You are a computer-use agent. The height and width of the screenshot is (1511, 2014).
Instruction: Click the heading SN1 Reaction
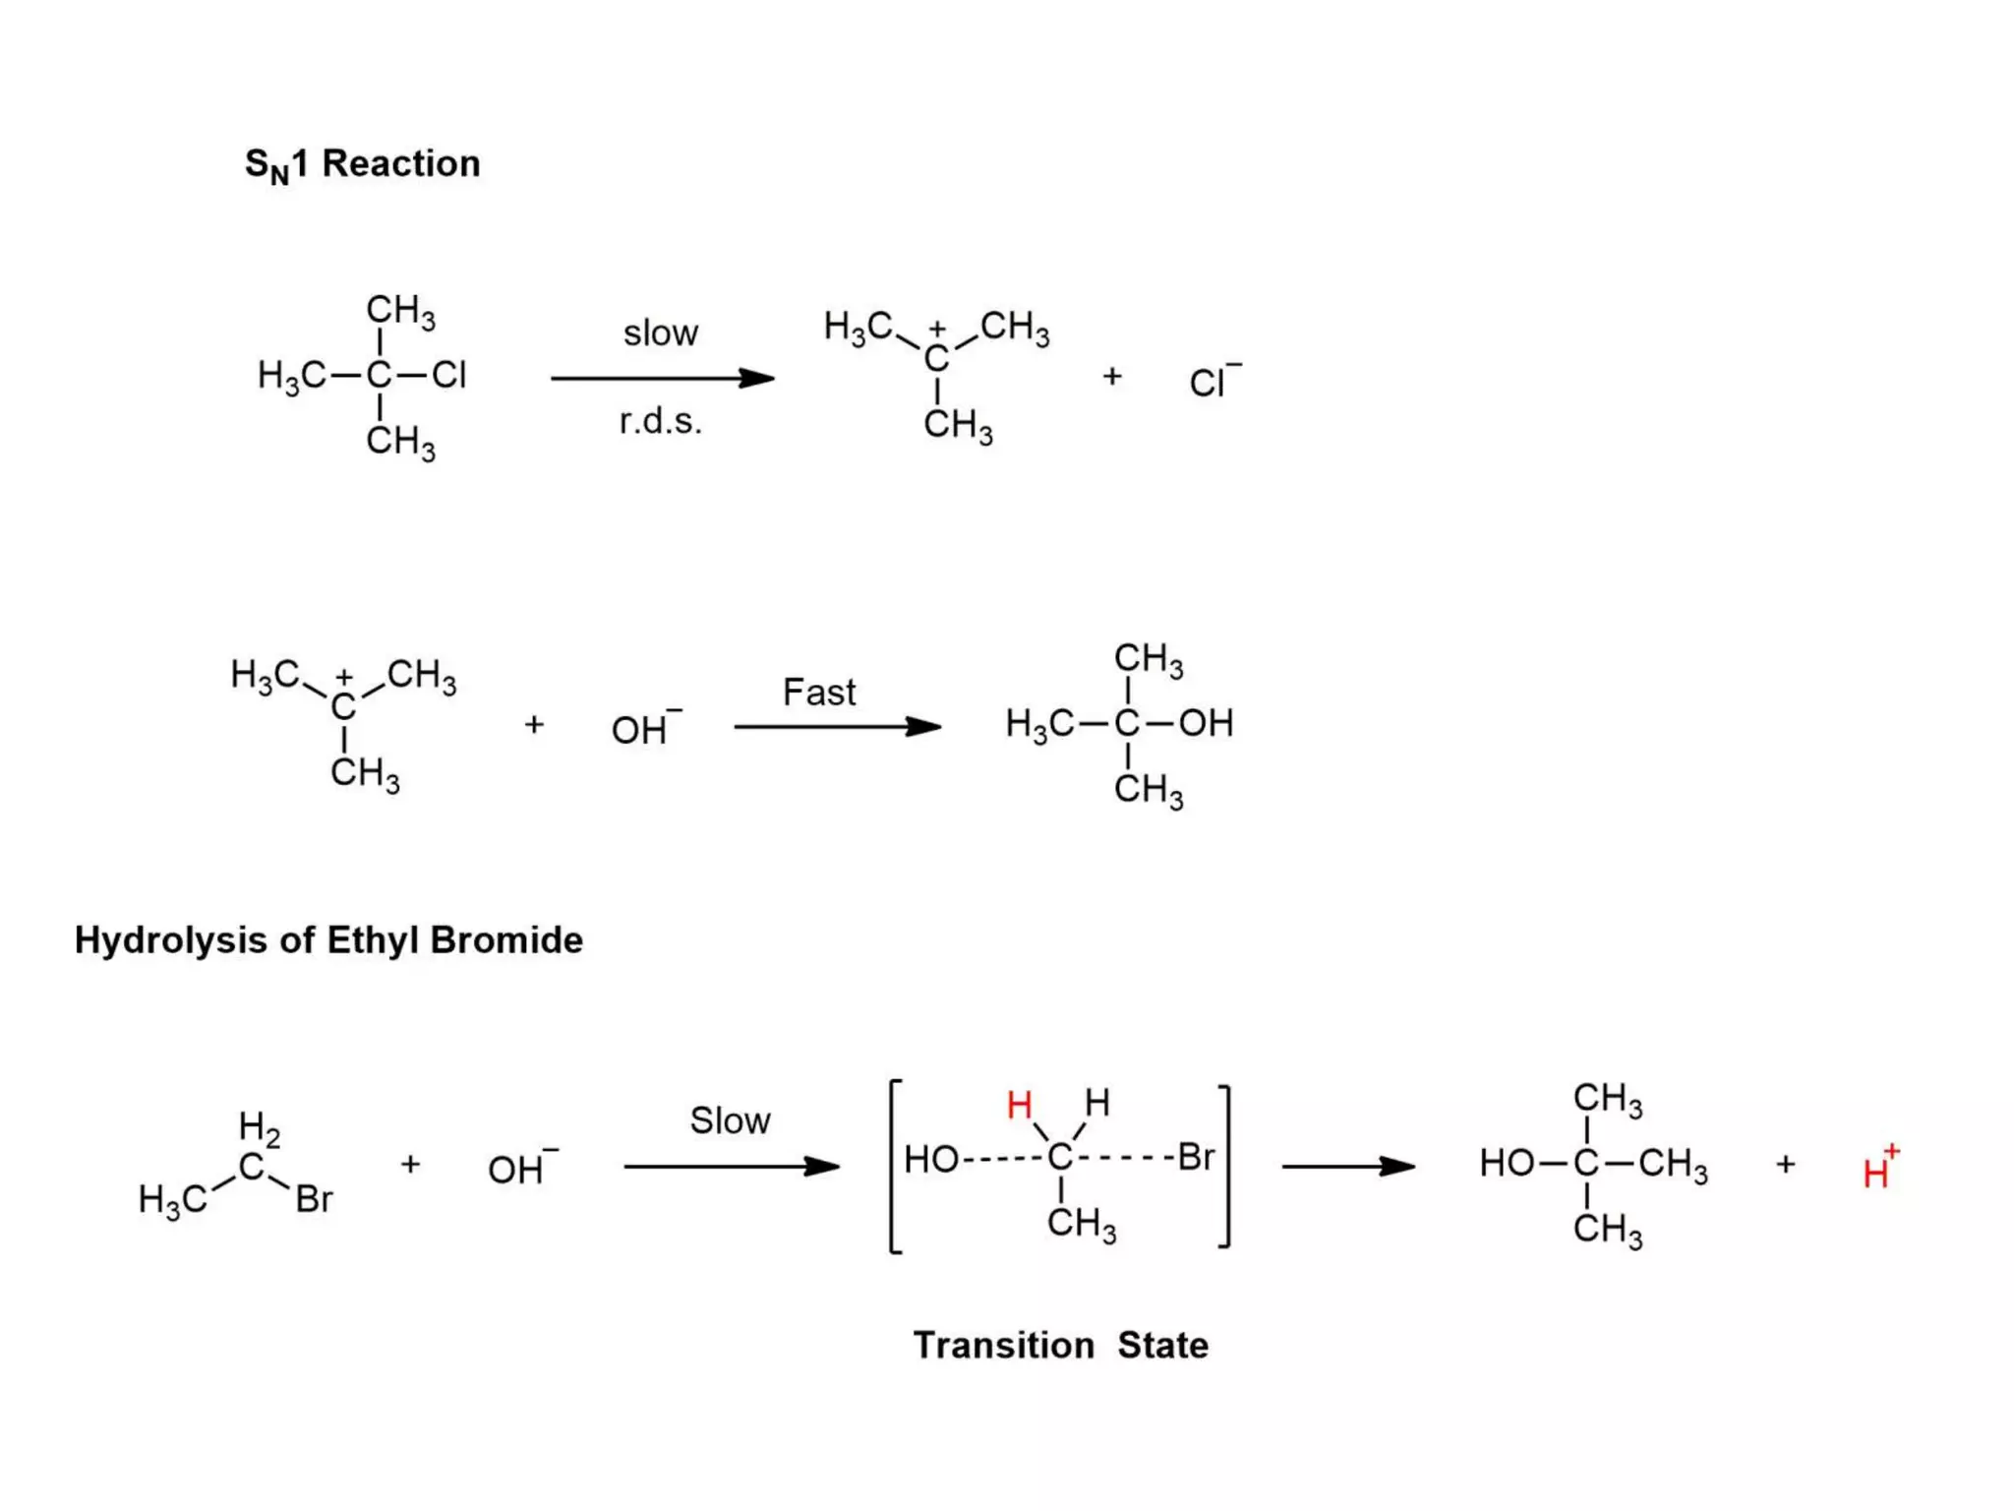pos(362,164)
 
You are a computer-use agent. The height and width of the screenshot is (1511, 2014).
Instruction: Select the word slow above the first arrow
pos(660,333)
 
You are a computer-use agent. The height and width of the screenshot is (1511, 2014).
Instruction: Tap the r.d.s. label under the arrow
pos(660,421)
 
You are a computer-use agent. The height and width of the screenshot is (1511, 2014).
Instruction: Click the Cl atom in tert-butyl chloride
pos(448,375)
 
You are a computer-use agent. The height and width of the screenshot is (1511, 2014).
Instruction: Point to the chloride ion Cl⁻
pos(1213,382)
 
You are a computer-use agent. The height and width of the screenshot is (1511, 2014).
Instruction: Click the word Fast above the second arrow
pos(818,693)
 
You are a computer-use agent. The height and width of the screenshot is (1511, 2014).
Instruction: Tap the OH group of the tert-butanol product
pos(1206,723)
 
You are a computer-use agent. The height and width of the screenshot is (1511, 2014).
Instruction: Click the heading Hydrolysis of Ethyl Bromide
pos(328,940)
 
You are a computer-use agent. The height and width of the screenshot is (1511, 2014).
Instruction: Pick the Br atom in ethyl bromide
pos(314,1199)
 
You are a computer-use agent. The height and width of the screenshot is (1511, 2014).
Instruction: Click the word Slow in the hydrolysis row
pos(730,1120)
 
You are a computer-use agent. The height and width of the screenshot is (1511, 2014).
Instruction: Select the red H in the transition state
pos(1019,1106)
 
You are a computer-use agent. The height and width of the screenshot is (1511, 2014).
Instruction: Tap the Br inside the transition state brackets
pos(1195,1158)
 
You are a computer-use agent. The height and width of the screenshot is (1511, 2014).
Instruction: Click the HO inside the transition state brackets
pos(930,1160)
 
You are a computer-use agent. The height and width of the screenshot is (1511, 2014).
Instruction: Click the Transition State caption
pos(1060,1345)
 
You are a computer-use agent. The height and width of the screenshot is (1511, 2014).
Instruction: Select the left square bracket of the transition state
pos(894,1167)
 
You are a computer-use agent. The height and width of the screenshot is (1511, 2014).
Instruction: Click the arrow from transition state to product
pos(1347,1167)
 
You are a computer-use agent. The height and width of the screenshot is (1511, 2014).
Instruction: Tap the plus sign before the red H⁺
pos(1786,1165)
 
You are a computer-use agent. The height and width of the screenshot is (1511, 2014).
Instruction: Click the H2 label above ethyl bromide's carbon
pos(259,1127)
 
